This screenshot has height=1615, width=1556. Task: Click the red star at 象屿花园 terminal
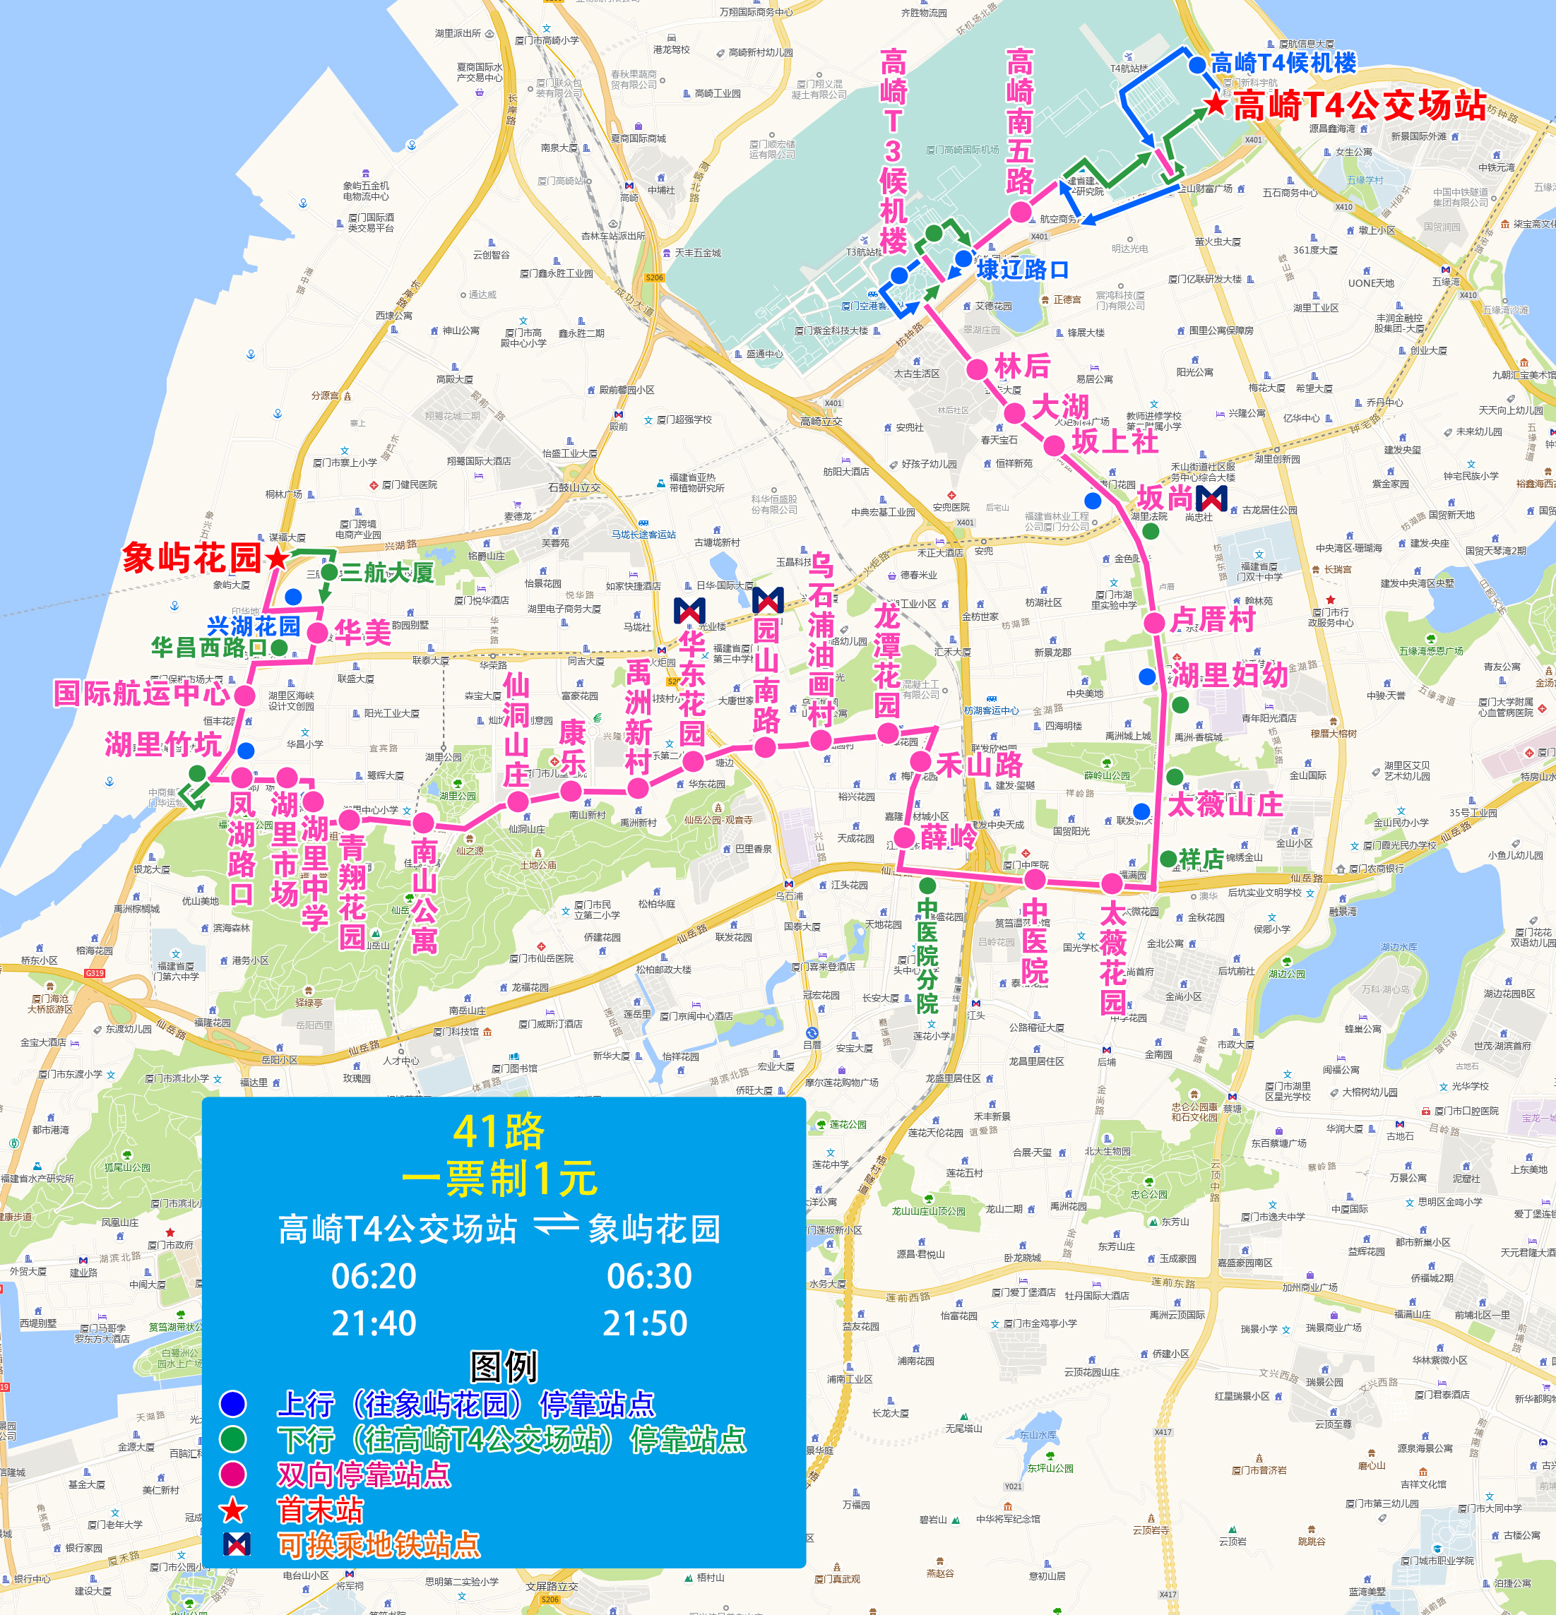click(x=278, y=559)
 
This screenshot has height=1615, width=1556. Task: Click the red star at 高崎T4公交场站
click(x=1216, y=105)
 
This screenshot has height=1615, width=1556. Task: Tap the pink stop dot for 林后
click(x=977, y=369)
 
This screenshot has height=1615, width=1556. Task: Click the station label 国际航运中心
click(x=142, y=693)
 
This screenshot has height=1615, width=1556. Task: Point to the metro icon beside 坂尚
click(x=1211, y=499)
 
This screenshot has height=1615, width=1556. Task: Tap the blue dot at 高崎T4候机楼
click(x=1196, y=64)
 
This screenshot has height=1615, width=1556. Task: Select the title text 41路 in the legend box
click(x=499, y=1131)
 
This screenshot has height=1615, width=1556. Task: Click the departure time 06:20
click(x=374, y=1276)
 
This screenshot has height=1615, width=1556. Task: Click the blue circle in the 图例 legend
click(x=233, y=1403)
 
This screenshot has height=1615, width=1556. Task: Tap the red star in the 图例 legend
click(x=233, y=1510)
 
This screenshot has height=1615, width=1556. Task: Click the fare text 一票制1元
click(x=499, y=1179)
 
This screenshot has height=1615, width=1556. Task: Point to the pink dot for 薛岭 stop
click(x=904, y=838)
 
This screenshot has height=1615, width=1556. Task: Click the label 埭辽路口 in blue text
click(x=1022, y=270)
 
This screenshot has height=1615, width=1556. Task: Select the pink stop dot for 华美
click(x=317, y=633)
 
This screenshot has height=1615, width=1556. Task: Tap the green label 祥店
click(x=1201, y=859)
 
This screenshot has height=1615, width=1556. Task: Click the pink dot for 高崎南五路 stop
click(x=1021, y=212)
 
